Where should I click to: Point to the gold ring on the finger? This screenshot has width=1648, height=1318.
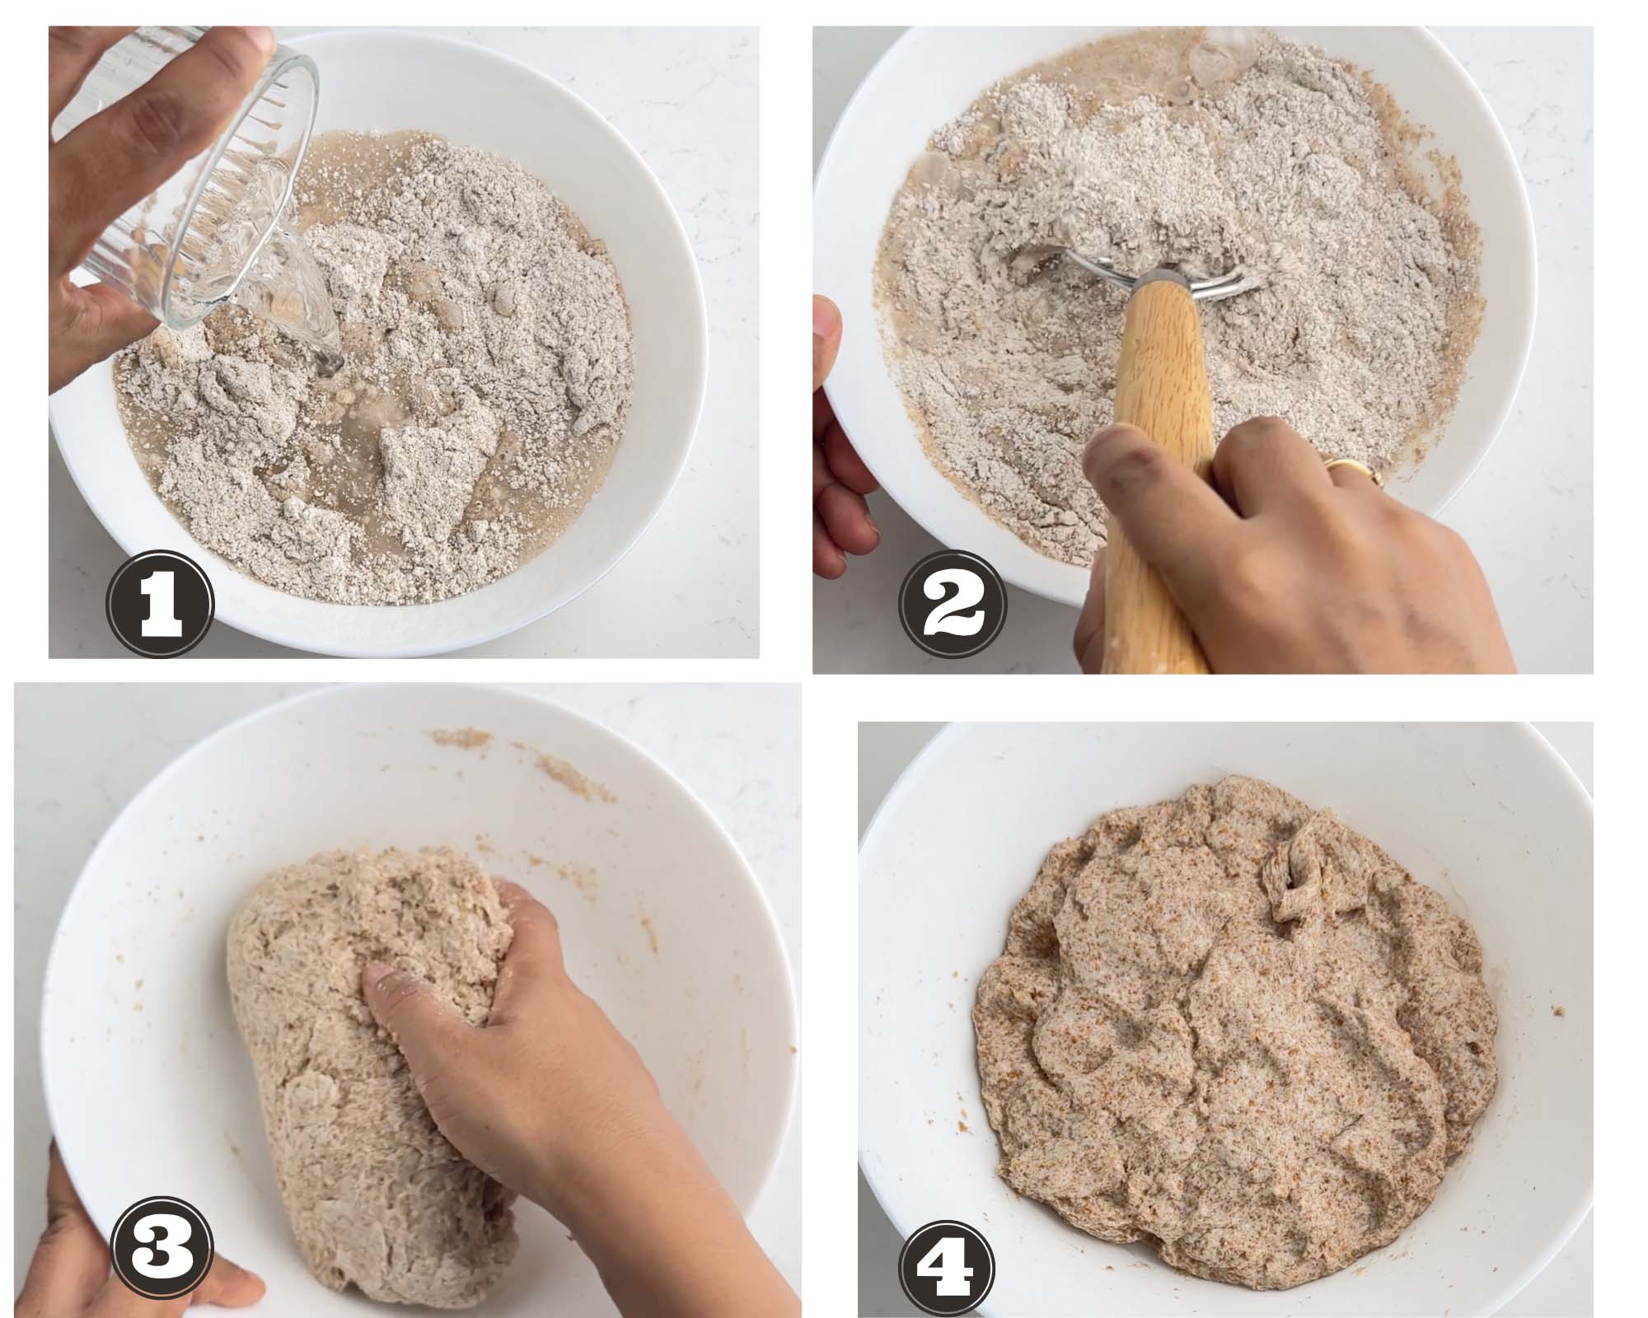[1351, 471]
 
